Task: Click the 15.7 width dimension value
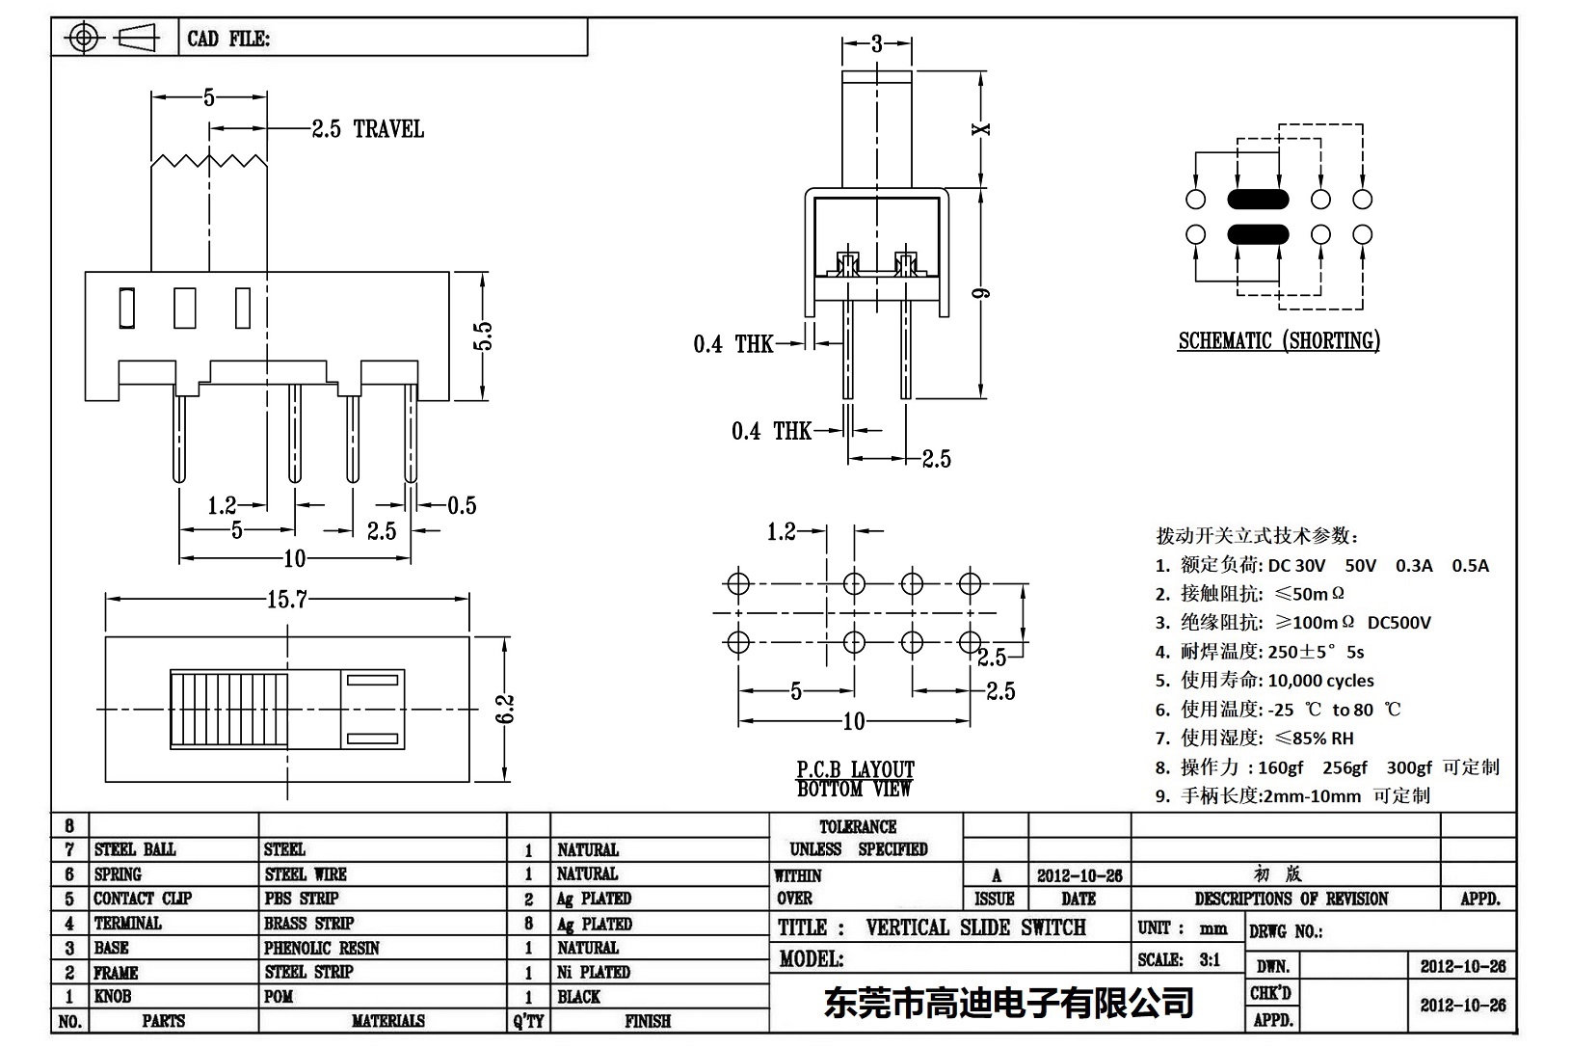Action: (286, 600)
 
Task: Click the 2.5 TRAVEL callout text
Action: (367, 129)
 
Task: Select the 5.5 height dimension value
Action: (484, 336)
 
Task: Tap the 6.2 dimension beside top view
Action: (507, 709)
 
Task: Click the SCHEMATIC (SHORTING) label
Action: (1278, 341)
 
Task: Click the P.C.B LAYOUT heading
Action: (855, 769)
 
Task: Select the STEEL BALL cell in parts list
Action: (135, 849)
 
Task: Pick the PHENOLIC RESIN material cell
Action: (321, 948)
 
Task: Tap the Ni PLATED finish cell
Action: (593, 972)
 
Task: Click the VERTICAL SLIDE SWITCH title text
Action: (975, 927)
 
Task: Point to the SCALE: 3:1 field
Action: (1179, 959)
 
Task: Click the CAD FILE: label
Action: (228, 39)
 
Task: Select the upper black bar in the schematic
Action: (1257, 200)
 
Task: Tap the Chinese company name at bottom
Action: (1008, 1003)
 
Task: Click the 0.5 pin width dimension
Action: (462, 505)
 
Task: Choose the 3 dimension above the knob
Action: (876, 43)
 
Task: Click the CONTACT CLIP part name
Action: (143, 899)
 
